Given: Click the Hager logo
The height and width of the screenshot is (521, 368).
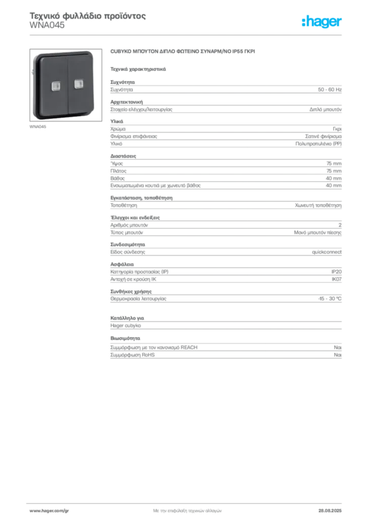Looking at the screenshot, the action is pos(322,21).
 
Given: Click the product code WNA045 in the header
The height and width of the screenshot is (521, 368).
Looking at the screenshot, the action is pos(47,25).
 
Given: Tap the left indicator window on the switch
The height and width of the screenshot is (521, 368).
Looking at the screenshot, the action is pos(55,85).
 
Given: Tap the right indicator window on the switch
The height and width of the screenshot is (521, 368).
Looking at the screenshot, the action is pos(79,84).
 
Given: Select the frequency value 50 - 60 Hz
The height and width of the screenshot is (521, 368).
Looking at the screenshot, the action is pos(329,90).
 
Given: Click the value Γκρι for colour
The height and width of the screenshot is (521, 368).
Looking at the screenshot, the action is pos(337,129).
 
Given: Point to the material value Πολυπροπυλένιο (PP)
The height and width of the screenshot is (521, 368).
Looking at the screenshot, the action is pos(318,144).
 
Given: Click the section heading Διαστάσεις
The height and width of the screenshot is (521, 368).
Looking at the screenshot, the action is pos(123,156).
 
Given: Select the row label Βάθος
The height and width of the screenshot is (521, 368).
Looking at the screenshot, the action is pos(117,179).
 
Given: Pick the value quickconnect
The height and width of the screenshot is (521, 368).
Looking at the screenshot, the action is pos(326,252).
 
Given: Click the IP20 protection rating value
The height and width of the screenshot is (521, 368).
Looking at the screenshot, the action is pos(336,272).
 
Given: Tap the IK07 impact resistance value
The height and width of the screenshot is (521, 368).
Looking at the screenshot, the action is pos(336,279).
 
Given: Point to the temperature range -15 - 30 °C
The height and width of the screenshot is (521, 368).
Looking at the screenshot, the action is pos(329,299).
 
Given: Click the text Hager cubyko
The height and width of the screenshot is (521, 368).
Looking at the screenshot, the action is pos(126,326).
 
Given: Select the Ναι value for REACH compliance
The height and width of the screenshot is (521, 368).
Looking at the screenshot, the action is pos(338,348).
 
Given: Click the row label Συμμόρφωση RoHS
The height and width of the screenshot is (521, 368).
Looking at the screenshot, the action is pos(132,355).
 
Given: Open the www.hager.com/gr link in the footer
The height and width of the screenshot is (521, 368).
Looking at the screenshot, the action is pos(49,511).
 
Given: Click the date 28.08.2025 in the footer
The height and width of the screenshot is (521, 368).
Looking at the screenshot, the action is pos(330,511).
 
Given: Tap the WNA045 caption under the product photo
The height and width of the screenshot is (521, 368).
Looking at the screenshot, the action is pos(38,127).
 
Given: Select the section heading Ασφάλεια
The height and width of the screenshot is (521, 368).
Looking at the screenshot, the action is pos(122,265).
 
